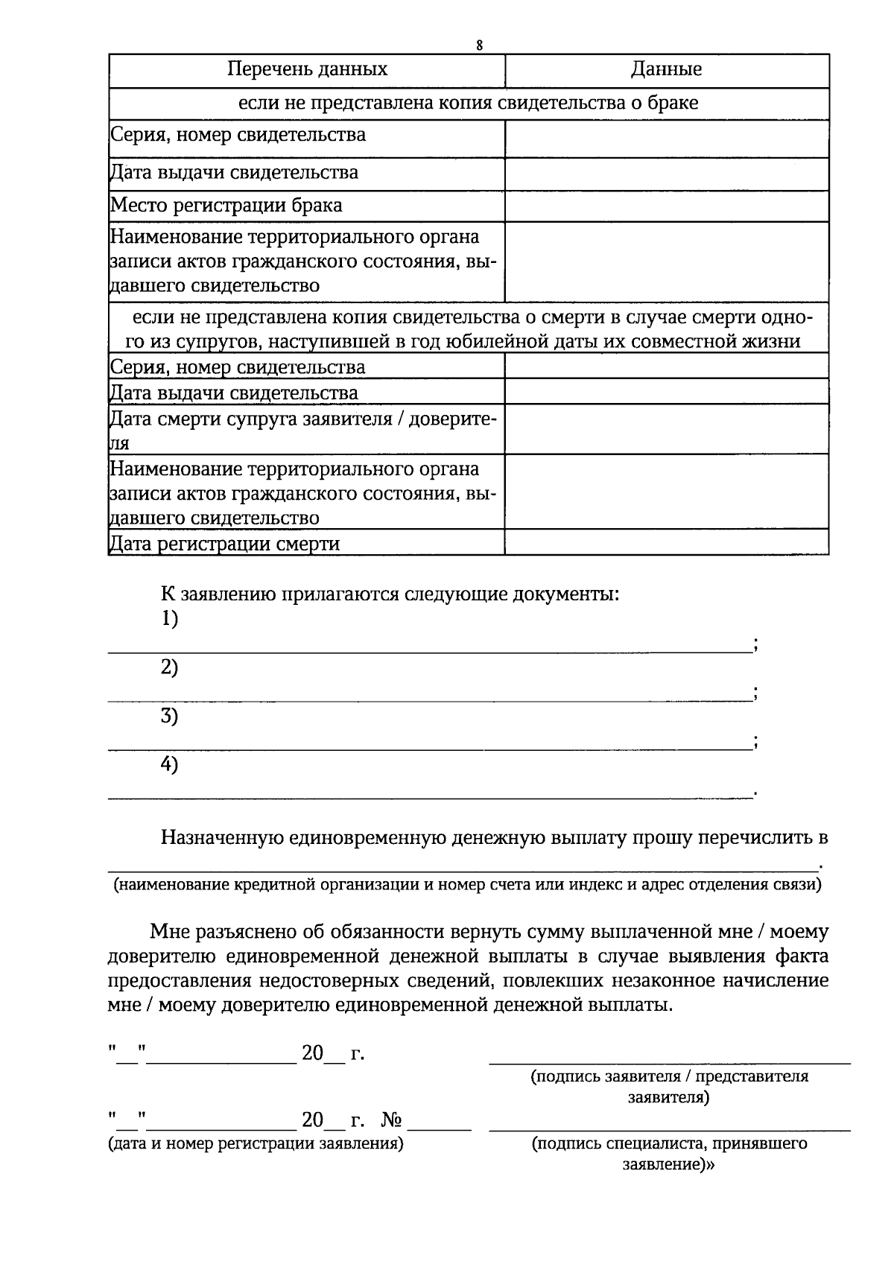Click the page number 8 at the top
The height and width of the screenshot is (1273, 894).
click(x=480, y=45)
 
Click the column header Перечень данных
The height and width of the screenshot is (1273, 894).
click(x=307, y=70)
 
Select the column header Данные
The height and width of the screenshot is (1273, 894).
click(x=666, y=70)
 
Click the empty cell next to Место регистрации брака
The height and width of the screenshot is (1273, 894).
click(x=666, y=206)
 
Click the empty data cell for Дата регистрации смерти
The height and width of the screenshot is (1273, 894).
click(x=666, y=542)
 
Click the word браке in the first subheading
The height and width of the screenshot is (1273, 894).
click(x=672, y=103)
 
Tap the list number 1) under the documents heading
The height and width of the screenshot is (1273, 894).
click(x=170, y=619)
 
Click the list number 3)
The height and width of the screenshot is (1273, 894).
click(x=170, y=717)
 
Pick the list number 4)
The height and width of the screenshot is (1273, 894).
click(x=170, y=765)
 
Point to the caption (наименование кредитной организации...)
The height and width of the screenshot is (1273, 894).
click(x=467, y=885)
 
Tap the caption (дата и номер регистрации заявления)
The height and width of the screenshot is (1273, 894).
click(x=256, y=1143)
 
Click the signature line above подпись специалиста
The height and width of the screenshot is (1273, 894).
click(x=669, y=1130)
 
